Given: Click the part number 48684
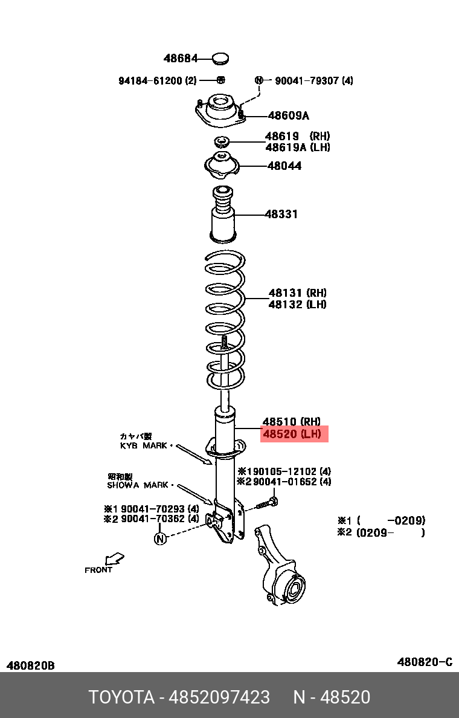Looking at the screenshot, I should [181, 59].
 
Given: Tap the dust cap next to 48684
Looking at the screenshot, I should [221, 59].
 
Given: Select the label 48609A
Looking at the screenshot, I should [288, 115].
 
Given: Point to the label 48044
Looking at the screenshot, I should [284, 166].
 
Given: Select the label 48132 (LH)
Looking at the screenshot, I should [297, 305].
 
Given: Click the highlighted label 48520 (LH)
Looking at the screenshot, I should [294, 434].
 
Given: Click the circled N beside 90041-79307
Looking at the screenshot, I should [259, 80].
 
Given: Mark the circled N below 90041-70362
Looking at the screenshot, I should [160, 537].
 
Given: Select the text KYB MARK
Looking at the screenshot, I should [144, 445].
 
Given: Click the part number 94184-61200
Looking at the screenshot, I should [150, 80].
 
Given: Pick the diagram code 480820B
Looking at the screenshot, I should [31, 665].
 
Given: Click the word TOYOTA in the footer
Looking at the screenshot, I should [121, 697].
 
